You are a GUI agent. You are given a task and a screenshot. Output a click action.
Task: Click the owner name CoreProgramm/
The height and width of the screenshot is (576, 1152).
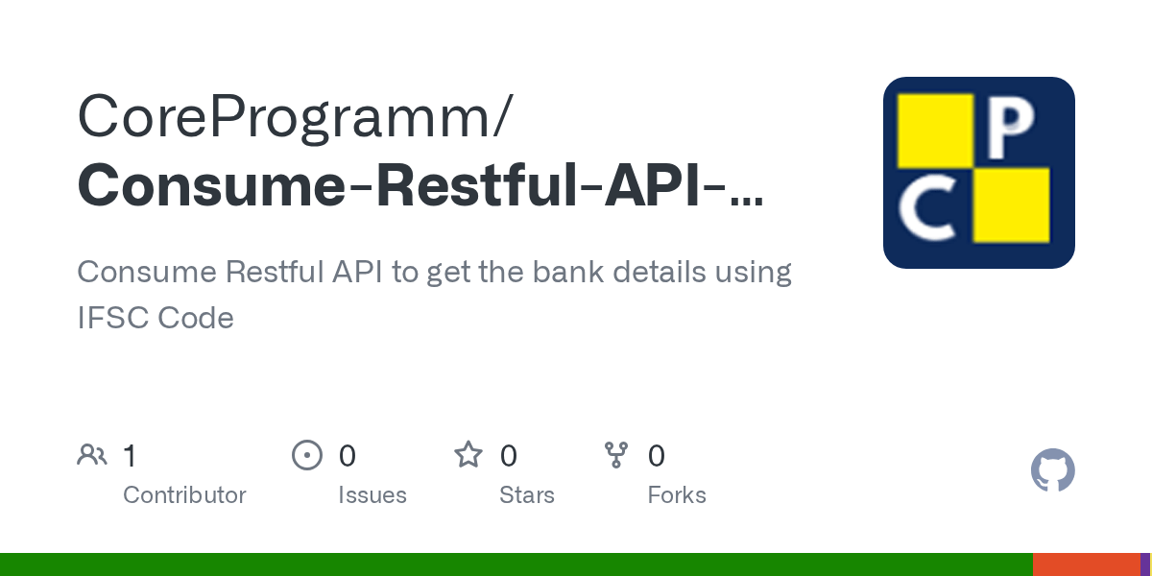point(295,117)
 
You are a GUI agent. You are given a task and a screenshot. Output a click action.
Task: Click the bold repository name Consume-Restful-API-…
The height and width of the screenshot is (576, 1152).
point(420,185)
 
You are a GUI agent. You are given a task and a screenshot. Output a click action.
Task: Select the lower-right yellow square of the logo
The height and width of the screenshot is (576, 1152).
point(1011,204)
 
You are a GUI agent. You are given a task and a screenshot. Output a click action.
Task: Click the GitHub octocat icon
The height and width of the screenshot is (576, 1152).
point(1052,470)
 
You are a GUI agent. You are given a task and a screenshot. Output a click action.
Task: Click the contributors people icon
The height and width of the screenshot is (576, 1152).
point(92,455)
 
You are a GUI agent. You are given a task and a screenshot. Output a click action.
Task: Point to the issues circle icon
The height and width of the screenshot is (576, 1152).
point(306,455)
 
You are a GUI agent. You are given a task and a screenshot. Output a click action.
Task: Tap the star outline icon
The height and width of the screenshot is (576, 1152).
point(468,455)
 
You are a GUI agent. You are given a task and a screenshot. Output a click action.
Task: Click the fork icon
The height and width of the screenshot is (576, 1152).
point(615,455)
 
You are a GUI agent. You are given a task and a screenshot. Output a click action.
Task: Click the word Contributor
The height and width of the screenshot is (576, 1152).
point(184,495)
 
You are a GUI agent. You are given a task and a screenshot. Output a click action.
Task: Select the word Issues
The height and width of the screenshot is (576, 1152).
point(372,495)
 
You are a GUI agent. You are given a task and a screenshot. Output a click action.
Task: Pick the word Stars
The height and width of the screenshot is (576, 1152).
point(526,495)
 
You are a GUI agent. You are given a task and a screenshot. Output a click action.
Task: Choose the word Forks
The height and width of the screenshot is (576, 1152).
point(676,495)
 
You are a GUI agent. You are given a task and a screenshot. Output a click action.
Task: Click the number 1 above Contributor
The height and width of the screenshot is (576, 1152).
point(130,456)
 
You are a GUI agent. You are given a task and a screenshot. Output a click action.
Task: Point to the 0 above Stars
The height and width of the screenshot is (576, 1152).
point(509,456)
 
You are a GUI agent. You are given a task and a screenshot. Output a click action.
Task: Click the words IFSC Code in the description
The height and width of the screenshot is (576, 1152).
point(156,318)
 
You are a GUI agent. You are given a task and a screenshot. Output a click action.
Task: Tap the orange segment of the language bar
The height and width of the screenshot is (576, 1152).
point(1085,564)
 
